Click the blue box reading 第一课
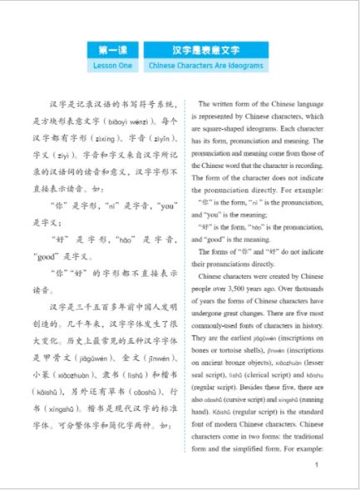(x=112, y=50)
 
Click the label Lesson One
(x=112, y=65)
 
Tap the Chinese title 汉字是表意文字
(x=205, y=50)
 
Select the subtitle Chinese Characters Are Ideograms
(x=205, y=65)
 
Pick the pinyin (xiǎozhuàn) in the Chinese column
(x=76, y=374)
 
